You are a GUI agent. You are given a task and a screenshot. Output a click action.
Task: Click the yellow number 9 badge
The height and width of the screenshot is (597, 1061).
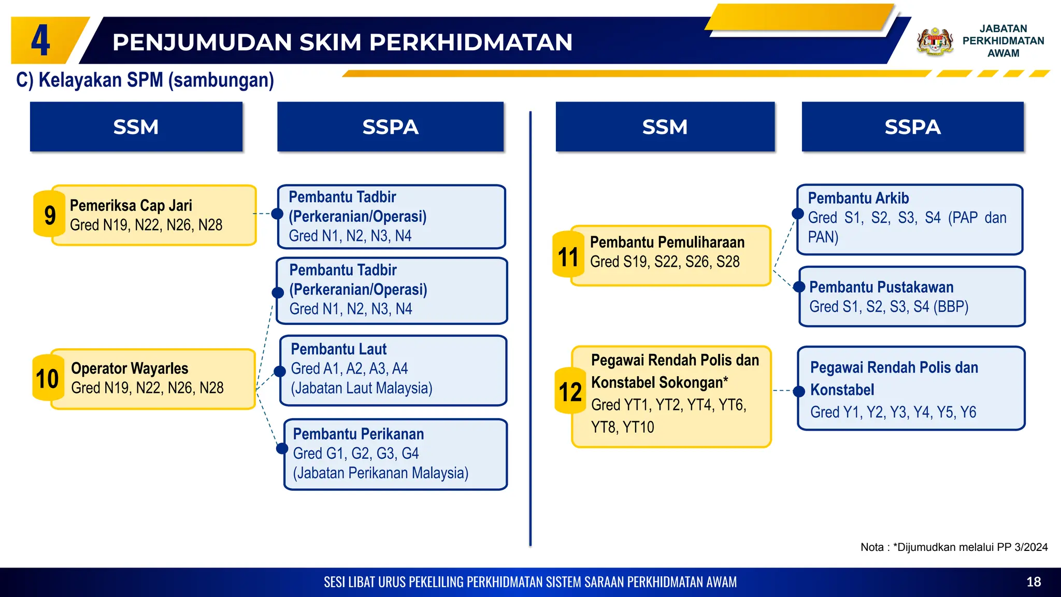[x=50, y=215]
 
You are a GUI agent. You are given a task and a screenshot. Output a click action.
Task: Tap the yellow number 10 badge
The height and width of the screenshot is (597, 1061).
[x=48, y=378]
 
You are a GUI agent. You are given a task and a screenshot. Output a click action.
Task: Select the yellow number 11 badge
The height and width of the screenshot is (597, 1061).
[x=568, y=256]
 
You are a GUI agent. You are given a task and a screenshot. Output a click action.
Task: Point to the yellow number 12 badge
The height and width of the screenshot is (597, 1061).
[x=570, y=392]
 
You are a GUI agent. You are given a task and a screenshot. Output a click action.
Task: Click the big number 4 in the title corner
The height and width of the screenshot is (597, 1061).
[x=41, y=41]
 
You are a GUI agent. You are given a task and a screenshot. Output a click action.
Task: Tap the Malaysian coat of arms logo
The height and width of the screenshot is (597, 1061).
[x=935, y=41]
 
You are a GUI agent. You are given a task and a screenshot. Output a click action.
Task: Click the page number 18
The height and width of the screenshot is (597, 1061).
[x=1034, y=582]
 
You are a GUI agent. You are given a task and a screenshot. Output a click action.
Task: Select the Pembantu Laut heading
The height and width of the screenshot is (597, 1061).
[x=339, y=349]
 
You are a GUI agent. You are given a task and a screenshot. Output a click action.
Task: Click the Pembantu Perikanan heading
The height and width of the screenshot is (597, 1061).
[x=359, y=434]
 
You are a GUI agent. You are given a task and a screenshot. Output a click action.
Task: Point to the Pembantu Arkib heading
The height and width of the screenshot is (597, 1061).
[x=858, y=198]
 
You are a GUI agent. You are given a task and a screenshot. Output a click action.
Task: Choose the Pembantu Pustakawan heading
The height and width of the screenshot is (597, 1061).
[x=881, y=287]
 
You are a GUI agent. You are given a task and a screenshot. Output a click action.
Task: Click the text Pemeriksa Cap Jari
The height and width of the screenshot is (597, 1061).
[x=131, y=206]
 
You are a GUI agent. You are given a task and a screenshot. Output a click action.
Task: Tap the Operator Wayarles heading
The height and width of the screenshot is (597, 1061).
[x=130, y=368]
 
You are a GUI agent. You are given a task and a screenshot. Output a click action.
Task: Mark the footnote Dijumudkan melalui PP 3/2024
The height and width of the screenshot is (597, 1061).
[x=954, y=547]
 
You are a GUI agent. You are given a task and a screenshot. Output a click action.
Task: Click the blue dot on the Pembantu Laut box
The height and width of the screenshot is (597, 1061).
[x=280, y=371]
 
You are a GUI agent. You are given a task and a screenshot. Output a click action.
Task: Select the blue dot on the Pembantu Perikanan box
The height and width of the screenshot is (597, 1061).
[x=282, y=448]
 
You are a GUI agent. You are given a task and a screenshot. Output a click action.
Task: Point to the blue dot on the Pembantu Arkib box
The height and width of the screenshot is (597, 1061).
[x=798, y=214]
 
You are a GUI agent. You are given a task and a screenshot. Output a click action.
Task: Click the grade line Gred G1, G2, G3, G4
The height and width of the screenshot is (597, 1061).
[x=356, y=453]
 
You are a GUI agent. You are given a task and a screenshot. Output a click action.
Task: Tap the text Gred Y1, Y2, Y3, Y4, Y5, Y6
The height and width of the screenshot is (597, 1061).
[x=893, y=412]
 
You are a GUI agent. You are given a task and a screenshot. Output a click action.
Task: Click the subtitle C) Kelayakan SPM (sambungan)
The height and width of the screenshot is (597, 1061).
[x=145, y=80]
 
